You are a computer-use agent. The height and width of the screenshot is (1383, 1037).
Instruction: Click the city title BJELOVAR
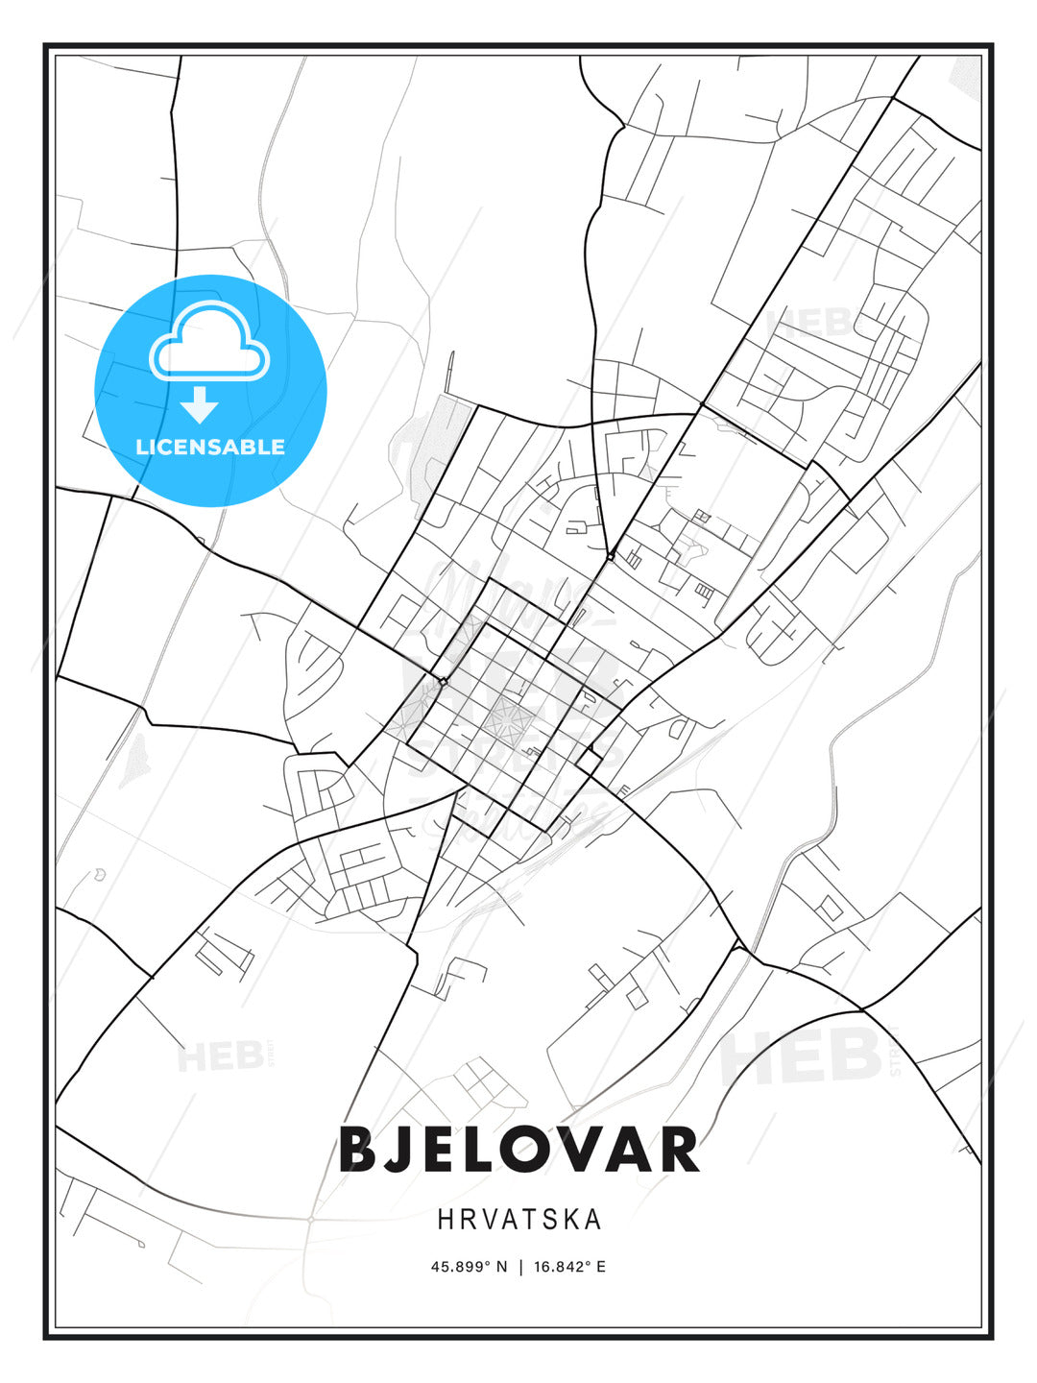[x=518, y=1150]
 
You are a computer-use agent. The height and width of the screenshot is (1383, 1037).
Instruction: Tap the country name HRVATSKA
[x=519, y=1220]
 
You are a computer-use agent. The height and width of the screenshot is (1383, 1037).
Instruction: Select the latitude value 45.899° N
[x=469, y=1267]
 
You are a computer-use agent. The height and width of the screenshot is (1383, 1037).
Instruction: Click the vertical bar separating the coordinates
[x=519, y=1267]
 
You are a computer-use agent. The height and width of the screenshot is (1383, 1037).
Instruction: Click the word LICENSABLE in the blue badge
[x=210, y=447]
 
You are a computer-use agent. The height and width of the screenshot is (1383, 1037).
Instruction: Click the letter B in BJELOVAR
[x=357, y=1150]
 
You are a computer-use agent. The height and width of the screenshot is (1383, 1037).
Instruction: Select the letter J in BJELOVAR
[x=401, y=1150]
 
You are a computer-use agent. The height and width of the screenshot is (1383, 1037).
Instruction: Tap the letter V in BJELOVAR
[x=581, y=1150]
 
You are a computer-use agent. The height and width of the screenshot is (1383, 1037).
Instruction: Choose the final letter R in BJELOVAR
[x=678, y=1150]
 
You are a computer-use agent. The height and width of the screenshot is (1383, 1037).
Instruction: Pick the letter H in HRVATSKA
[x=445, y=1220]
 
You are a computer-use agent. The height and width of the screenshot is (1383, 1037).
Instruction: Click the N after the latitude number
[x=500, y=1267]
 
